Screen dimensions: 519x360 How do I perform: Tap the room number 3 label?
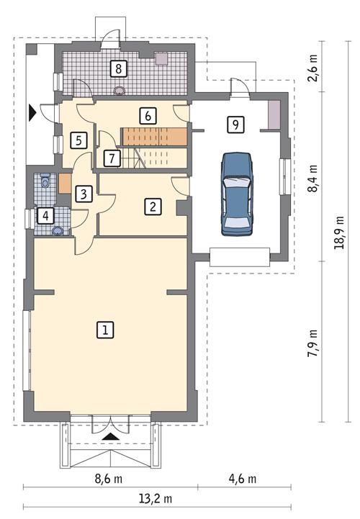click(x=84, y=194)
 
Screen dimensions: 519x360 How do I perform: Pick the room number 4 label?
click(x=45, y=215)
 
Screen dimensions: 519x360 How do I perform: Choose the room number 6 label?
click(x=147, y=114)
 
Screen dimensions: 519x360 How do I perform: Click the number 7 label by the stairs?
click(x=110, y=158)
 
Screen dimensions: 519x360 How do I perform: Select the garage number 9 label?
click(x=233, y=124)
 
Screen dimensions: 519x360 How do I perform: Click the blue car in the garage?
click(x=238, y=194)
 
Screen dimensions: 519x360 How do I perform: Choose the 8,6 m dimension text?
click(x=107, y=479)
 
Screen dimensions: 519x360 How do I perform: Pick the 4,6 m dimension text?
click(x=242, y=479)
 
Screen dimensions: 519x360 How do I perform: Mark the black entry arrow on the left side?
click(x=32, y=112)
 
